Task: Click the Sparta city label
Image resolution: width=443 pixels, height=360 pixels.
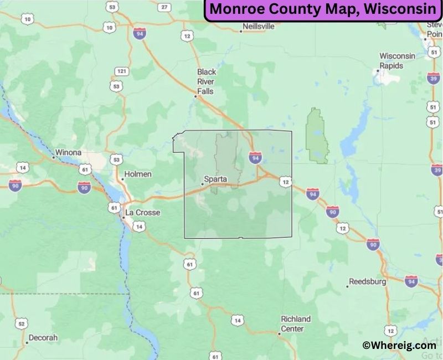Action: click(x=215, y=179)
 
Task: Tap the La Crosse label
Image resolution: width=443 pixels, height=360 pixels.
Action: click(x=143, y=213)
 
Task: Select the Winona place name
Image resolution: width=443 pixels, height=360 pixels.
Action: click(x=68, y=152)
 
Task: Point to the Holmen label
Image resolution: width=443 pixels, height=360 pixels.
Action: click(x=138, y=174)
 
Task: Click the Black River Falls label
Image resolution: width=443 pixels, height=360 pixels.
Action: click(x=207, y=81)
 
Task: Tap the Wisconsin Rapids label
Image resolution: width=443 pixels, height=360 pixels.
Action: click(x=397, y=60)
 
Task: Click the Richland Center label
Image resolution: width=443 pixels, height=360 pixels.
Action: click(x=296, y=323)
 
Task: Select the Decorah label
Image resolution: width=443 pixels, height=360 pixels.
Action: click(x=43, y=337)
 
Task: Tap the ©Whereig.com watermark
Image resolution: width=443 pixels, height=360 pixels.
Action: click(x=399, y=344)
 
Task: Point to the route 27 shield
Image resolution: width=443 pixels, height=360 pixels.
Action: click(x=164, y=7)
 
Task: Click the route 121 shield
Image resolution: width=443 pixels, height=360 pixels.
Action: click(x=122, y=71)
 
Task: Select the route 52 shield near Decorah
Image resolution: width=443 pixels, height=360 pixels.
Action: click(x=21, y=323)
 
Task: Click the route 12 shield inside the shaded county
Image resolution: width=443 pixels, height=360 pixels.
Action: click(x=285, y=181)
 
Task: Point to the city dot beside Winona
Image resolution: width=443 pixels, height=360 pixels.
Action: click(x=53, y=157)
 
